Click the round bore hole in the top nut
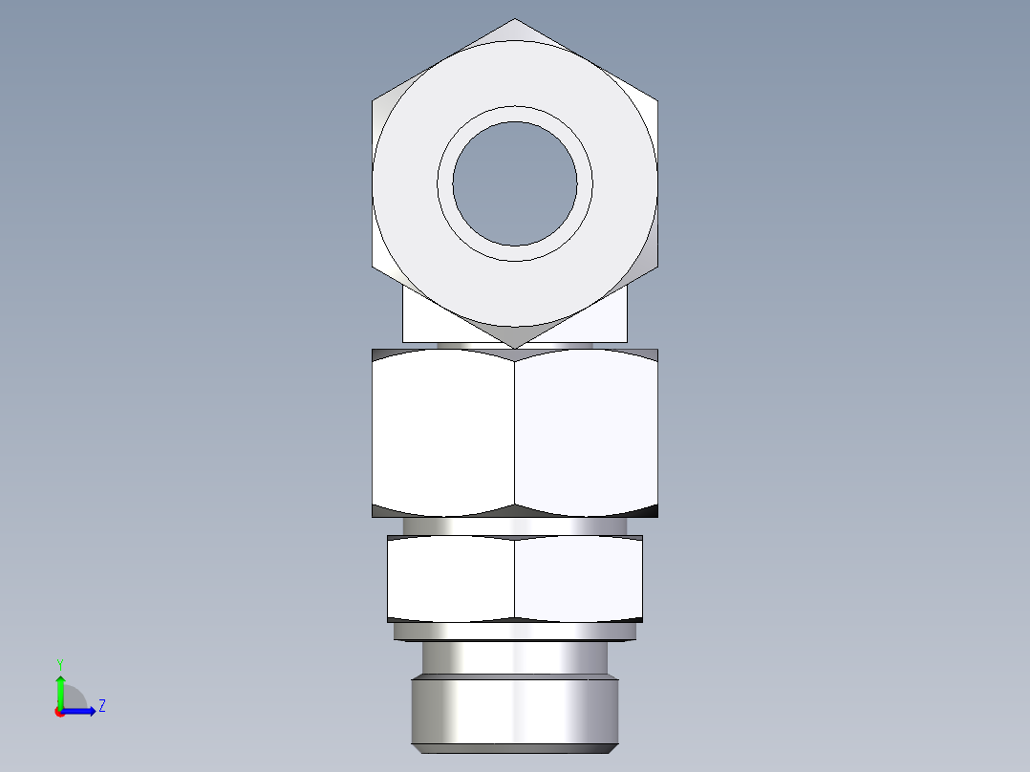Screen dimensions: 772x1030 515,182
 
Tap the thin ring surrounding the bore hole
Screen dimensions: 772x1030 515,113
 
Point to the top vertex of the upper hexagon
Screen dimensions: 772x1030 515,20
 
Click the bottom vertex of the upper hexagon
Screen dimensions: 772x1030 515,346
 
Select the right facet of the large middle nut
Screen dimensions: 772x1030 586,432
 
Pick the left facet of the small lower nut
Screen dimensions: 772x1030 451,579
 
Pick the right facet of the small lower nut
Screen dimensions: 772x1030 578,579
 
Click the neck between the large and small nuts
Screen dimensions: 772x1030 515,526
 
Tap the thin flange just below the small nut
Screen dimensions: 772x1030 515,632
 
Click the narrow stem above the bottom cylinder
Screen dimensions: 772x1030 515,658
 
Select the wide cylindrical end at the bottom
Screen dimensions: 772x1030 515,712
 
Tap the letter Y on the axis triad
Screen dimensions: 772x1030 59,663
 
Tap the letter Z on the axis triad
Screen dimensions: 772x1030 101,707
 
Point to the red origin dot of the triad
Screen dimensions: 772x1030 59,712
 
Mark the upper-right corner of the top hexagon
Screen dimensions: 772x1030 657,99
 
